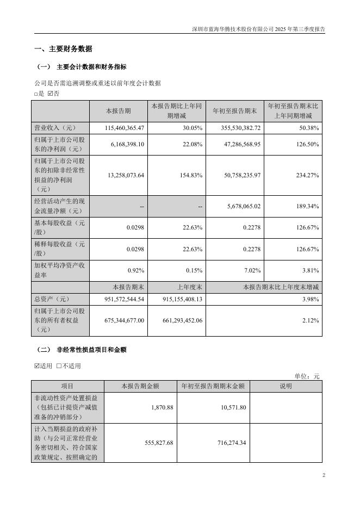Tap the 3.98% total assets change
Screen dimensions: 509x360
click(x=310, y=299)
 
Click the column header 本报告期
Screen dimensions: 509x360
click(x=118, y=111)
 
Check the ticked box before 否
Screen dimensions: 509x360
click(x=51, y=94)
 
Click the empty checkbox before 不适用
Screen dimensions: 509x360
click(x=59, y=365)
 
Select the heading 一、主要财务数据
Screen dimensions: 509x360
click(x=63, y=49)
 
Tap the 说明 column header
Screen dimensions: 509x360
click(x=285, y=386)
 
